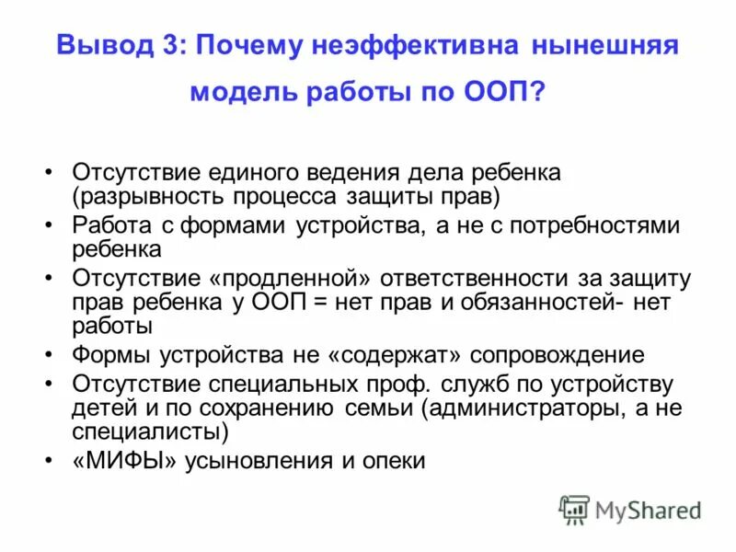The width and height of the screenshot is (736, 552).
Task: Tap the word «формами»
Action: (x=234, y=226)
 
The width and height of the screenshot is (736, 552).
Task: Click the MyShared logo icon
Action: (x=575, y=510)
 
